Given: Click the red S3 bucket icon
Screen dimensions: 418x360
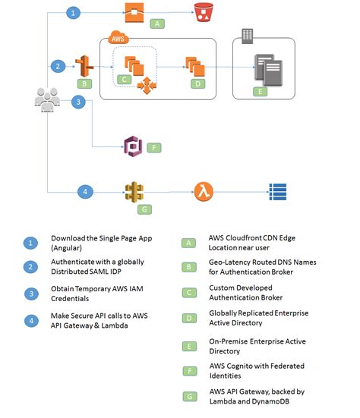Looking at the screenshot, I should point(202,13).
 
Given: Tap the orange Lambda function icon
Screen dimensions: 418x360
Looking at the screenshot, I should point(202,190).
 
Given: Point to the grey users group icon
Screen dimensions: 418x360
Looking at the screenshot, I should point(47,101).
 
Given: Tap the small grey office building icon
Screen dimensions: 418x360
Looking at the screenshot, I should point(246,36).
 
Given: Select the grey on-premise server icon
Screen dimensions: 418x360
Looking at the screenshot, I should point(267,70).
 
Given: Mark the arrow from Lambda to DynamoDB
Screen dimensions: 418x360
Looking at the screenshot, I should point(238,190).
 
